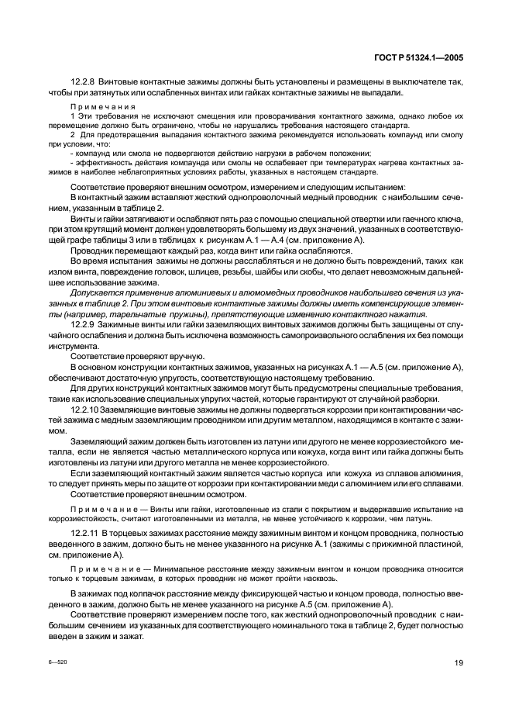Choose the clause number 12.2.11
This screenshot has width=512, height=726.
pyautogui.click(x=86, y=533)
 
